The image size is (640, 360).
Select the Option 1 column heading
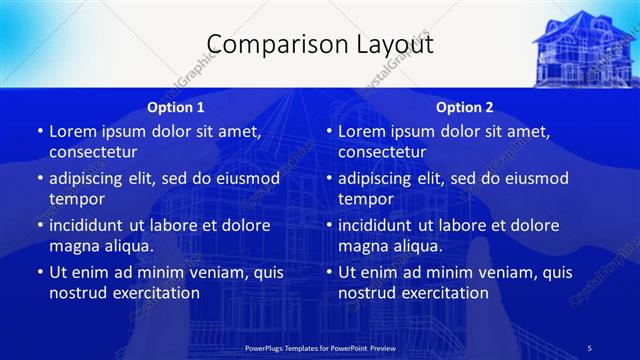click(x=176, y=107)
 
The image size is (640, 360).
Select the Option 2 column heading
click(x=465, y=107)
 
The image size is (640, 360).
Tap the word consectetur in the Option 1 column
click(x=93, y=152)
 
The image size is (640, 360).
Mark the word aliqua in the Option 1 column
click(x=130, y=246)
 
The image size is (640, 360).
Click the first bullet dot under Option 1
click(x=39, y=132)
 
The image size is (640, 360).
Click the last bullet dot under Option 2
click(x=328, y=273)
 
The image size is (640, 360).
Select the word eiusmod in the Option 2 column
click(x=534, y=178)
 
